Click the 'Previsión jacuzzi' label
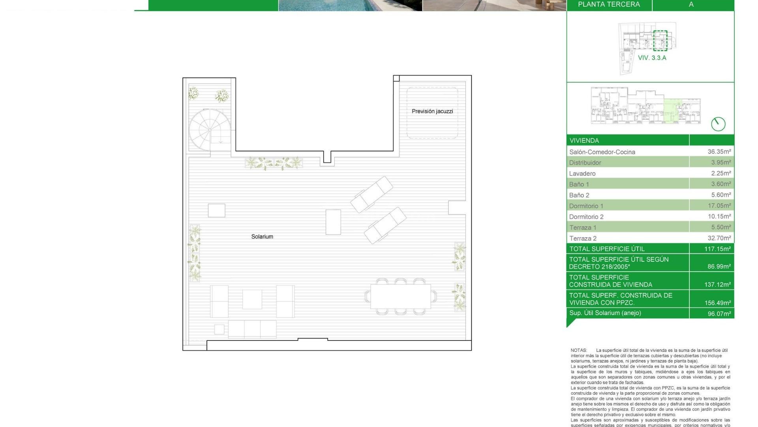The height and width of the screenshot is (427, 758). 432,111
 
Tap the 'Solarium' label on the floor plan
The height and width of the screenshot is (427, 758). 262,237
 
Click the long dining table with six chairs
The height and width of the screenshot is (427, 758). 400,296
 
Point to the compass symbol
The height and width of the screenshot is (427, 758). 718,124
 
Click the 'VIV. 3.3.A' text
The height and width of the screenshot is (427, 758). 652,58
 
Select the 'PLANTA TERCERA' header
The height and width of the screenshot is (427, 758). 609,5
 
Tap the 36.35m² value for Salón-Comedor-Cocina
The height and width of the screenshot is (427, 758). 719,151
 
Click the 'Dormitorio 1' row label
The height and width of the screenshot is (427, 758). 586,206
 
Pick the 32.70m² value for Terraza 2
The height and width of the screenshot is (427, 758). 719,238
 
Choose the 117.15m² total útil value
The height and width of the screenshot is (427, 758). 717,249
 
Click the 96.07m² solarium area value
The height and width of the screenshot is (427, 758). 719,314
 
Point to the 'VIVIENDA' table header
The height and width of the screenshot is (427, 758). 584,141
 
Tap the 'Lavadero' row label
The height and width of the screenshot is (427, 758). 582,174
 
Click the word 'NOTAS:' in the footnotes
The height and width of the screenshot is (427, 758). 579,350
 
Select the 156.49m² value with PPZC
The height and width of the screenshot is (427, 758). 717,303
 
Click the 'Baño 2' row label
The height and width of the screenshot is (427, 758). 579,195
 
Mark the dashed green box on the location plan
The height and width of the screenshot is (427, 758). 660,41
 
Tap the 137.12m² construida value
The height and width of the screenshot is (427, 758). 717,285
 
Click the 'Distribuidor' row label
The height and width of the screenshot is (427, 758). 585,163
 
